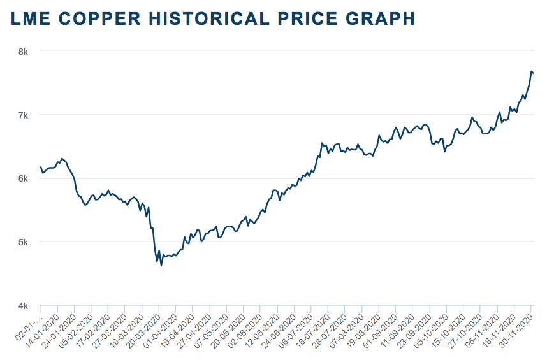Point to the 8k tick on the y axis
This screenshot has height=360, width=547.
click(22, 52)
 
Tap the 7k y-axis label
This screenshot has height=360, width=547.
click(22, 115)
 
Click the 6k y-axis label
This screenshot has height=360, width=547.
click(22, 178)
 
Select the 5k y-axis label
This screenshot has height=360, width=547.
click(22, 242)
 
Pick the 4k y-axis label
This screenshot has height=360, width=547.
click(22, 306)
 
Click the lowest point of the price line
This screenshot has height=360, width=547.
click(161, 265)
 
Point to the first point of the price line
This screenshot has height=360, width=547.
click(41, 168)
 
